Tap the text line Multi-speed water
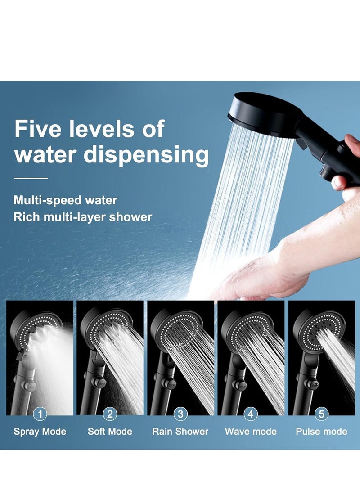pos(65,200)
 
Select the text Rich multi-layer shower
pos(83,217)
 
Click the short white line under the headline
pos(31,178)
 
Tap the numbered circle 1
pos(40,414)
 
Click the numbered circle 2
pos(110,414)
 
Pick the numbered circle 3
pos(180,414)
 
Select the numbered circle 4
pos(251,414)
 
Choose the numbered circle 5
pos(321,414)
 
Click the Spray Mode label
pos(40,432)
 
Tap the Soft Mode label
pos(110,432)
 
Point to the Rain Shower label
pos(180,432)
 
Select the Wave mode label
pos(251,432)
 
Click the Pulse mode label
pos(321,432)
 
